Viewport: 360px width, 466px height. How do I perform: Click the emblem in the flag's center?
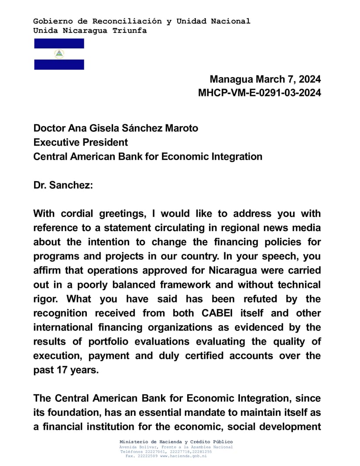59,54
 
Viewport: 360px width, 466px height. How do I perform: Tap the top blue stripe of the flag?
59,43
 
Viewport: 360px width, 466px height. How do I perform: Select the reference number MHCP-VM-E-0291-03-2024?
259,93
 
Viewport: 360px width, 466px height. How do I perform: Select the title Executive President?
81,142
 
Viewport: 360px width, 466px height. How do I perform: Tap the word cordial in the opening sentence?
83,213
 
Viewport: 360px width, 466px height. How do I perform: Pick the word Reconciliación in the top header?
117,21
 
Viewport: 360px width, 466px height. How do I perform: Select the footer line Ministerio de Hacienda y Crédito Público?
176,442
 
